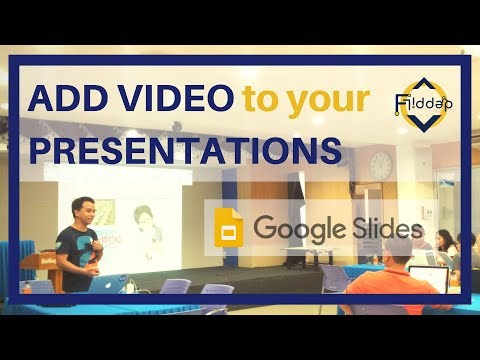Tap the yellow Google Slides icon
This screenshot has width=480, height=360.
coord(227,229)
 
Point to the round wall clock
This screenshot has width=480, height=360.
coord(380,163)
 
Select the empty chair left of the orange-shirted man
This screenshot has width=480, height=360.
coord(335,286)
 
